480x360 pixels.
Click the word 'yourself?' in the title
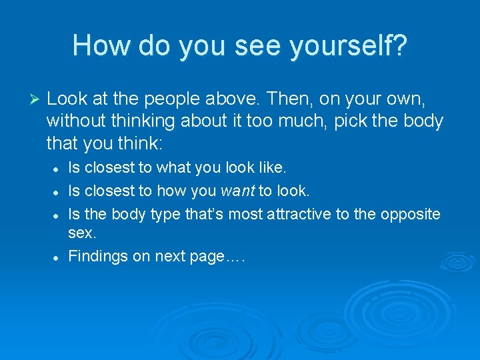(348, 45)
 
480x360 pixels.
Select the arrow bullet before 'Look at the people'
(37, 100)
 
